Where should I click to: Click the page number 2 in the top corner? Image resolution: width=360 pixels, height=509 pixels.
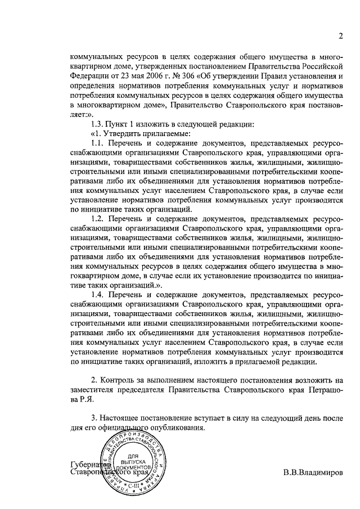tap(341, 37)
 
